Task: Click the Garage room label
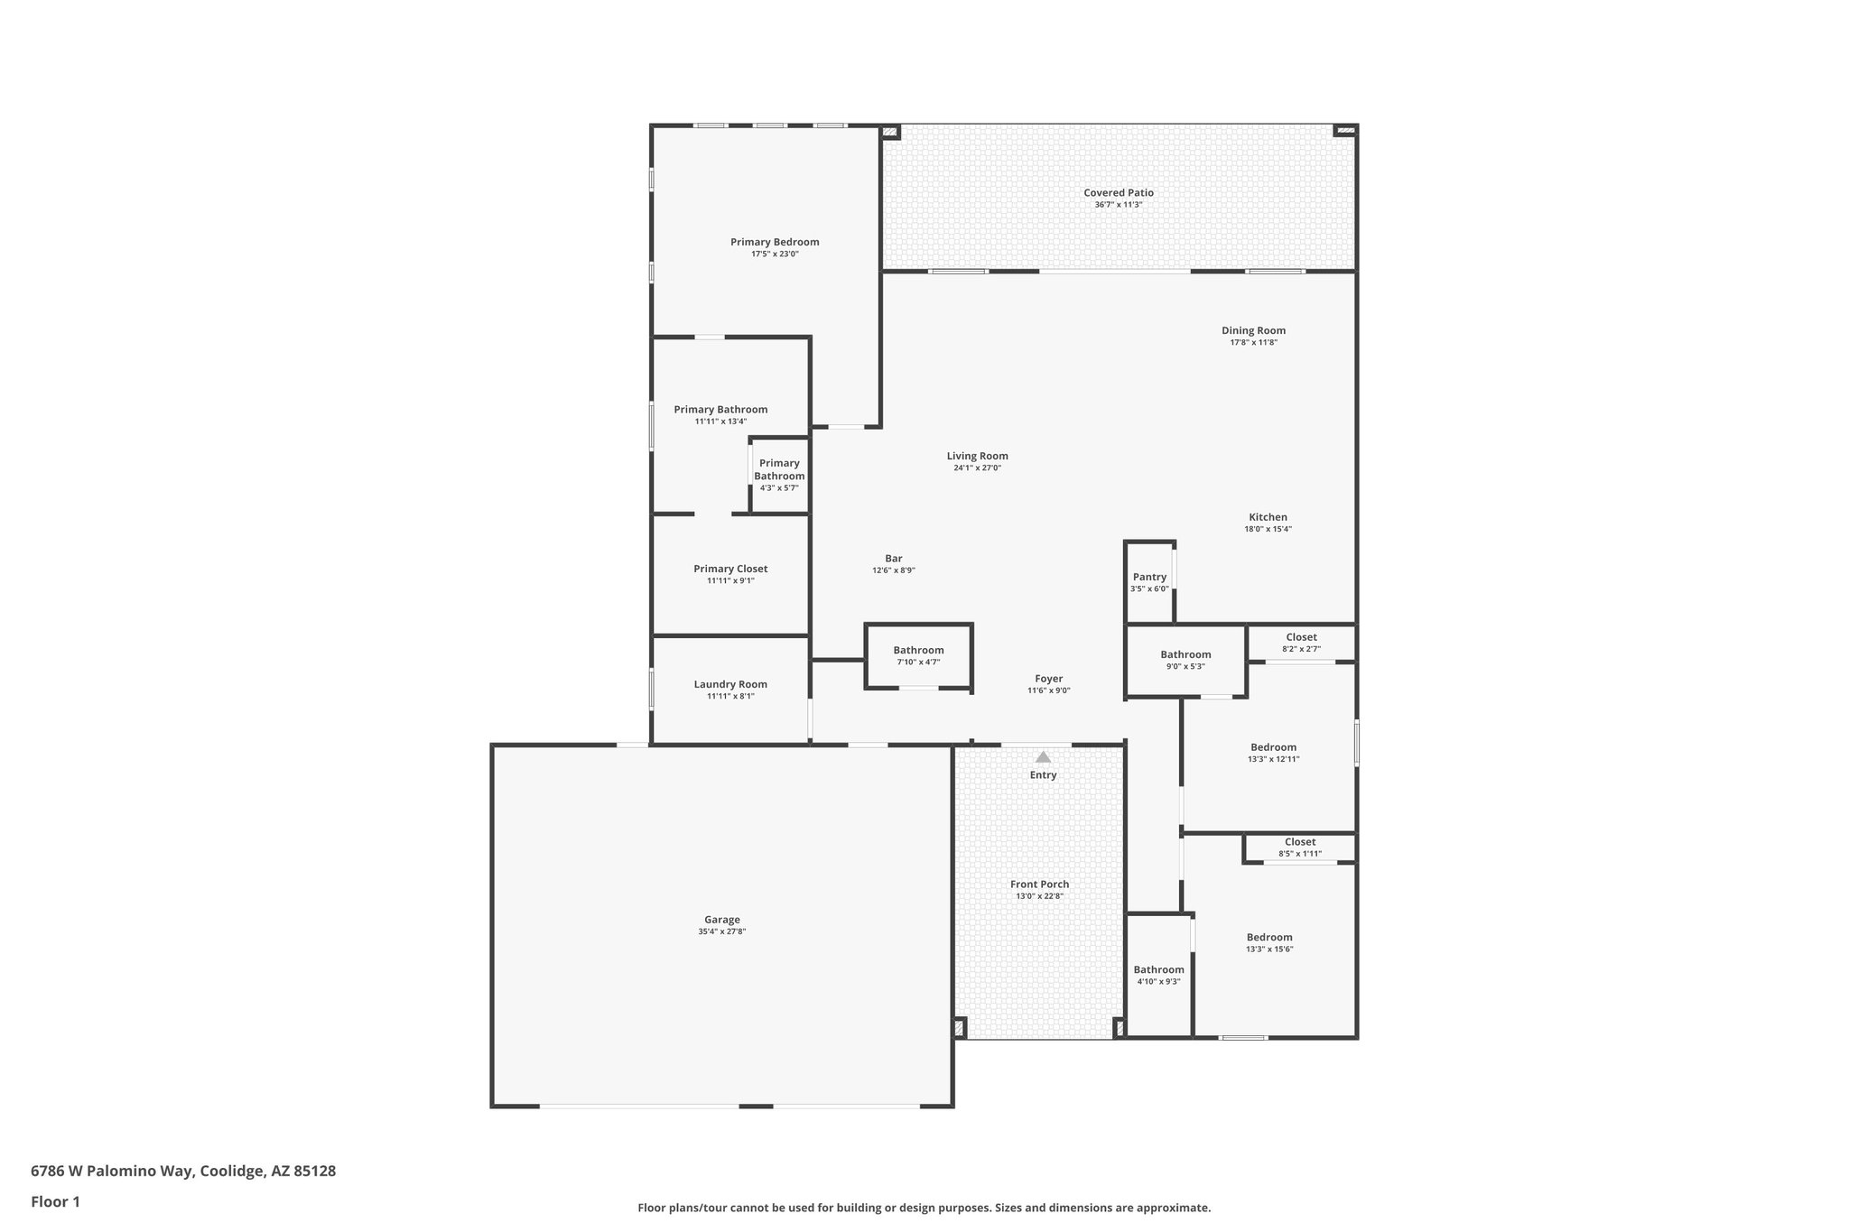coord(722,920)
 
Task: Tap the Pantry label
coord(1149,577)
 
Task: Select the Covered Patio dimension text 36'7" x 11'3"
coord(1119,205)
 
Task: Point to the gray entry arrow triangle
coord(1043,757)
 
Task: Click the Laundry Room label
coord(730,684)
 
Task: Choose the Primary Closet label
coord(730,569)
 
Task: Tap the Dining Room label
coord(1253,330)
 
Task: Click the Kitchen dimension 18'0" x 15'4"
coord(1268,530)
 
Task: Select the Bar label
coord(894,559)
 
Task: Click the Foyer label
coord(1048,679)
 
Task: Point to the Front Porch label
coord(1039,885)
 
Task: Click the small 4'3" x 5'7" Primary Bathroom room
coord(779,475)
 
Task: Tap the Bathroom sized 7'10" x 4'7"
coord(918,655)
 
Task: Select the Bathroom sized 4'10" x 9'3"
coord(1158,975)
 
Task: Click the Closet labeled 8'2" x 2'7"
coord(1301,642)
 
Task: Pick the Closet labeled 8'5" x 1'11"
coord(1300,847)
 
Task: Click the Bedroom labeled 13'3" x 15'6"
coord(1269,942)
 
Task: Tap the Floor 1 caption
coord(56,1202)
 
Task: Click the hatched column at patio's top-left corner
coord(890,133)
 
